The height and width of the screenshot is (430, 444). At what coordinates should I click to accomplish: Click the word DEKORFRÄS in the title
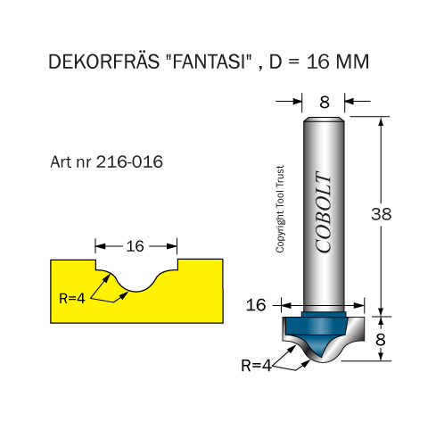[103, 62]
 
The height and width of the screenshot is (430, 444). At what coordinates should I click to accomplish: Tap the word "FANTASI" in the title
[209, 61]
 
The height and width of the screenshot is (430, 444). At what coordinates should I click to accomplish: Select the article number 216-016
[129, 161]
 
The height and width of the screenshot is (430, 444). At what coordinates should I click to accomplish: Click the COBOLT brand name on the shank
[323, 212]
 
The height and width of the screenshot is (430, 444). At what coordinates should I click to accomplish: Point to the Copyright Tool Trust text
[280, 209]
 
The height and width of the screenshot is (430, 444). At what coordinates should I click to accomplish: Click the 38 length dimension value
[382, 214]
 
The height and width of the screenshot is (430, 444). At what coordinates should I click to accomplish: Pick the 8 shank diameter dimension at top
[325, 102]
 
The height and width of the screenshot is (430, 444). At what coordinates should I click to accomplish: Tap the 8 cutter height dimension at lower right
[381, 339]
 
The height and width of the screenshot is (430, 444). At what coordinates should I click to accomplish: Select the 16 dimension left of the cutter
[256, 305]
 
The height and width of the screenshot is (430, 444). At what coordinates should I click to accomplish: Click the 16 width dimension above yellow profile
[135, 246]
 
